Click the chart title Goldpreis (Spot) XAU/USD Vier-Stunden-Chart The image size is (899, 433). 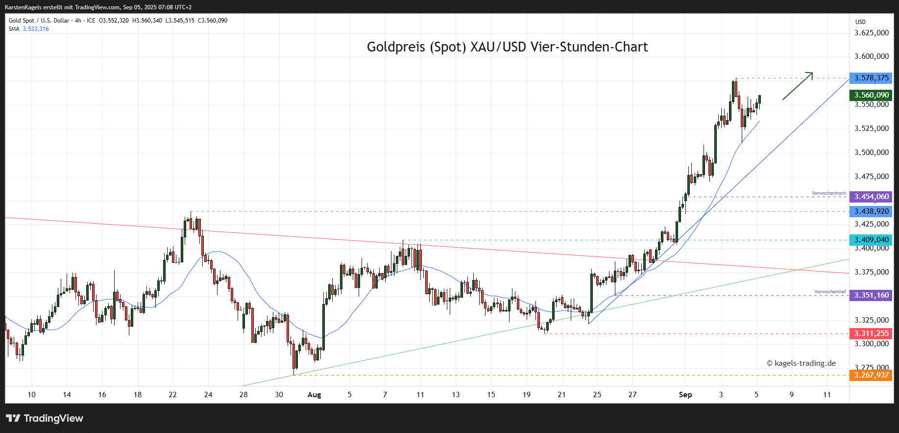tap(507, 47)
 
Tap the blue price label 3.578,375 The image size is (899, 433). tap(871, 78)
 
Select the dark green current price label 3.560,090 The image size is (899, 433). tap(871, 95)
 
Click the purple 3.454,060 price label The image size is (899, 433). tap(871, 197)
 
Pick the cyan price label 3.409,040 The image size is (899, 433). tap(871, 240)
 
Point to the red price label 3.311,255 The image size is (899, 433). tap(871, 333)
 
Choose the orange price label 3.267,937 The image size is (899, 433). tap(871, 375)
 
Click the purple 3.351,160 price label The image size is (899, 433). tap(871, 295)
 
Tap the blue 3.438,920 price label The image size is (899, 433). tap(871, 211)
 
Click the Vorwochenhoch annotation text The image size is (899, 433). tap(828, 193)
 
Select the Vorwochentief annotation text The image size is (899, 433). tap(830, 292)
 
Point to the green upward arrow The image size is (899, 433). tap(798, 86)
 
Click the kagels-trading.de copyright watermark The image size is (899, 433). tap(801, 363)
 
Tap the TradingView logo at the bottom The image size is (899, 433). tap(45, 418)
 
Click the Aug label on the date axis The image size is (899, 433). tap(314, 395)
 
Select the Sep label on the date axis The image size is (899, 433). tap(685, 395)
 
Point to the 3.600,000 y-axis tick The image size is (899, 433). tap(872, 56)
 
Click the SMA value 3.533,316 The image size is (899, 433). tap(36, 29)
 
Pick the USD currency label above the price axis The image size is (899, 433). tap(860, 22)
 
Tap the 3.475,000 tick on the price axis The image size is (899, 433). tap(872, 177)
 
